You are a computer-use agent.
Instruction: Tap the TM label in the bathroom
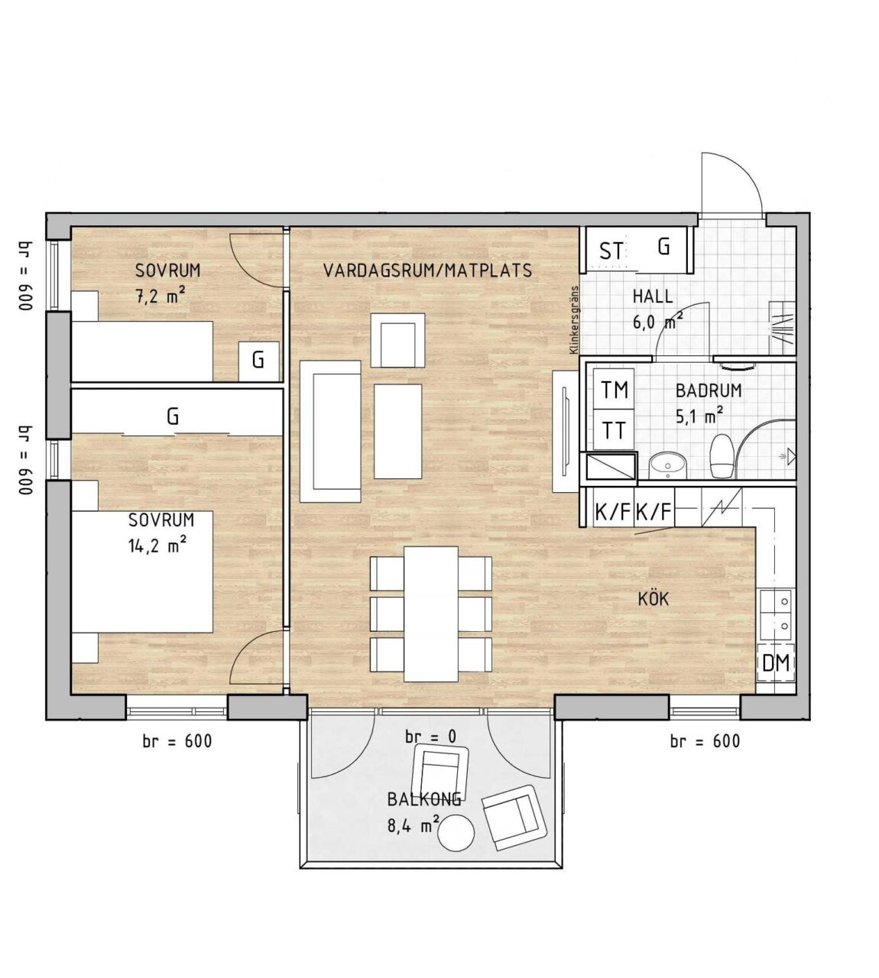click(615, 390)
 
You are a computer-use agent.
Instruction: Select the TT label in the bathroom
click(615, 431)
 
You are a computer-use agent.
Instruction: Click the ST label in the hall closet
click(612, 251)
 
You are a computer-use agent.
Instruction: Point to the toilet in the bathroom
click(722, 455)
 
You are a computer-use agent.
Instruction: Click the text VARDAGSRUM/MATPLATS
click(427, 270)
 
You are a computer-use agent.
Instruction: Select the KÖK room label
click(654, 598)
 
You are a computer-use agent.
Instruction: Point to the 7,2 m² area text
click(161, 295)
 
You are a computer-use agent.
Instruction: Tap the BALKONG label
click(424, 799)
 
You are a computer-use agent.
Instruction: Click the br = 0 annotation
click(431, 737)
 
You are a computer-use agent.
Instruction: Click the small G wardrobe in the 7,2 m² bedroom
click(259, 361)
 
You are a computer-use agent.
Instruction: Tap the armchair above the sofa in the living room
click(397, 340)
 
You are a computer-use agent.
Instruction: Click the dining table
click(431, 614)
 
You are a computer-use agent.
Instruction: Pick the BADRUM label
click(709, 391)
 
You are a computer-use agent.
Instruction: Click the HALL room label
click(653, 296)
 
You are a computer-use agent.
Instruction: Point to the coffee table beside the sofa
click(397, 431)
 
